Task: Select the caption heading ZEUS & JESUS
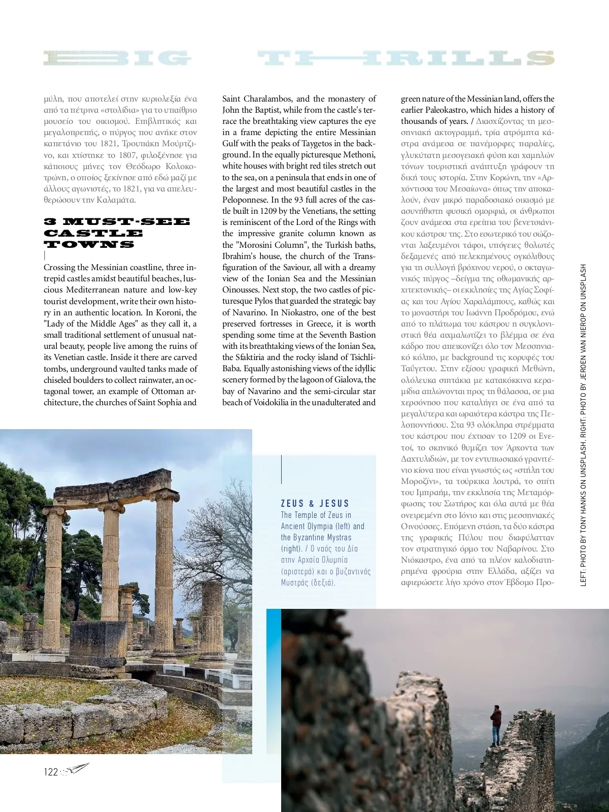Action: (x=315, y=503)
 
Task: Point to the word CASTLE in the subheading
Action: (x=93, y=233)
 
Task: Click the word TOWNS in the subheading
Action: (x=89, y=244)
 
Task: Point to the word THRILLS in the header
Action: (x=406, y=59)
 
